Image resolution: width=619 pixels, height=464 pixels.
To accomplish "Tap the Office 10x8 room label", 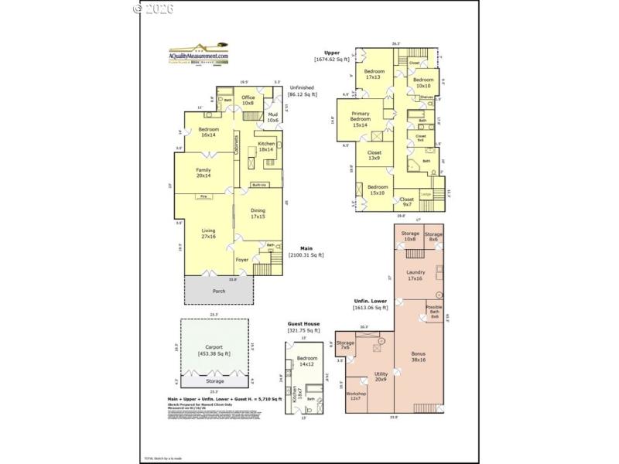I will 248,100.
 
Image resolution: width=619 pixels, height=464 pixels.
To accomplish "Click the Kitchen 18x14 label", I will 266,147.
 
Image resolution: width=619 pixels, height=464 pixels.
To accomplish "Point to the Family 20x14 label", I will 203,172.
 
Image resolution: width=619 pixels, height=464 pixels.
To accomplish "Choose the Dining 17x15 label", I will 258,214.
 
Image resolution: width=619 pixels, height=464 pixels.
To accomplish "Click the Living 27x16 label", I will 209,234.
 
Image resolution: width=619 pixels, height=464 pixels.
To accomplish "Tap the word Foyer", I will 242,260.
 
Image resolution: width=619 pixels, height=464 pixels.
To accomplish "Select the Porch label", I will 219,291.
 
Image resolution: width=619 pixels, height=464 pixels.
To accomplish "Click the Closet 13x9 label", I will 374,155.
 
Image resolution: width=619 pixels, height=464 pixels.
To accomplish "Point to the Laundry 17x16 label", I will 416,275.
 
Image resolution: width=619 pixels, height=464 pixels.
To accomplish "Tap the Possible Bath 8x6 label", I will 434,312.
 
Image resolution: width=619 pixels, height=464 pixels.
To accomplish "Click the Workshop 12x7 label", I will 356,396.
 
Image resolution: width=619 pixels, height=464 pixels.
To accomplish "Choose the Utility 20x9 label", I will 381,377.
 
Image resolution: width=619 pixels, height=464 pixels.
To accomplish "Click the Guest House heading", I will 304,324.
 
